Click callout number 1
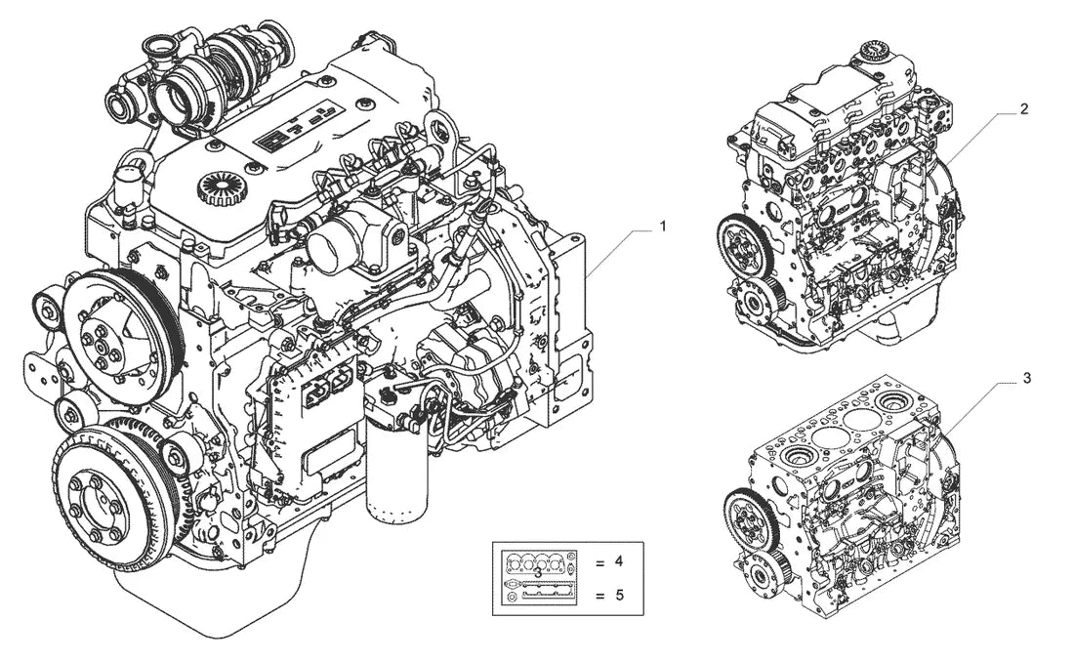[x=662, y=226]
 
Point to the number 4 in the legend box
[x=619, y=562]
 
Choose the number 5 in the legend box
[x=619, y=595]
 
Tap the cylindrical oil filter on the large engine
[x=396, y=473]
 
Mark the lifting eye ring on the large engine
[x=435, y=129]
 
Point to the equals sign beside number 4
[x=600, y=563]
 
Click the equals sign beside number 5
[x=600, y=597]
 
